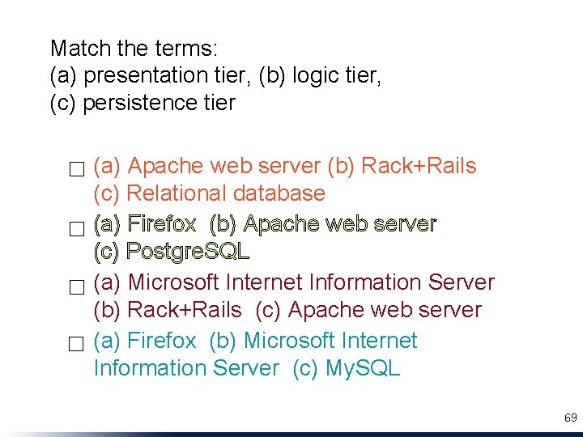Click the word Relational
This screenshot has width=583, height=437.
coord(177,193)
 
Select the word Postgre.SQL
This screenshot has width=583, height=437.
coord(188,252)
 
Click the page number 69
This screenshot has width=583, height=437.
coord(570,418)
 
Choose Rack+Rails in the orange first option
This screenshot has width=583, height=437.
coord(419,166)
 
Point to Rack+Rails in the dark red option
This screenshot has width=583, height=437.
coord(185,310)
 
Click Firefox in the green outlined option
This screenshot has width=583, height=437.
coord(162,223)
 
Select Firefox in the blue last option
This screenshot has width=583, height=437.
coord(162,341)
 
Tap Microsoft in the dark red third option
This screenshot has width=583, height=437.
coord(174,282)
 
